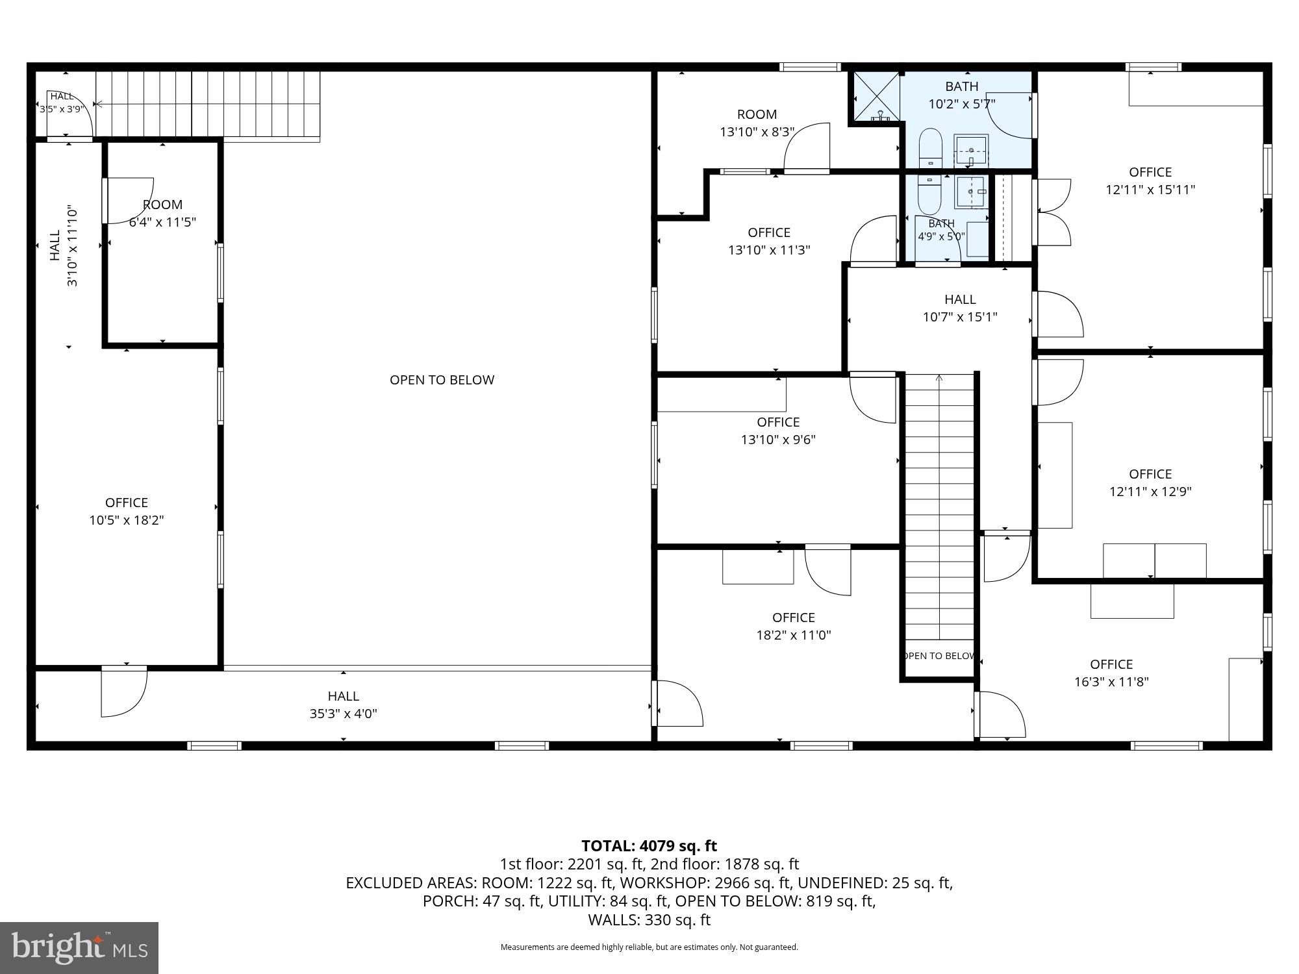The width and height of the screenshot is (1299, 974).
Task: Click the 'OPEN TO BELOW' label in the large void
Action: (x=442, y=380)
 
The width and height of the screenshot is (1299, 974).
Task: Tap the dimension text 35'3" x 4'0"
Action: (x=344, y=714)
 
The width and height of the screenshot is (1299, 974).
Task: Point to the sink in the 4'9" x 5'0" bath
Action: (x=972, y=192)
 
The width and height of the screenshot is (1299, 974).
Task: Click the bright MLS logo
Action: (x=79, y=948)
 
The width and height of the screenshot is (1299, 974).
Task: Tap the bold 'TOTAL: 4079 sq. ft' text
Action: (x=649, y=845)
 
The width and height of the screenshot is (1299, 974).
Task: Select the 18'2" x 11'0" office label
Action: (x=794, y=626)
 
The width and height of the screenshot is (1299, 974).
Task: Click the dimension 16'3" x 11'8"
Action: (x=1111, y=682)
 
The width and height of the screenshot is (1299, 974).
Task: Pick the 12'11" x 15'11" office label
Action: (x=1150, y=181)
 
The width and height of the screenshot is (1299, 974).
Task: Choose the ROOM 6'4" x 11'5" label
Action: (x=162, y=213)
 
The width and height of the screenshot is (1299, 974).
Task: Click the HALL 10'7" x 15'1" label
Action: (x=960, y=308)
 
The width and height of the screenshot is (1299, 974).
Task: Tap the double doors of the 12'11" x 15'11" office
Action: (x=1053, y=212)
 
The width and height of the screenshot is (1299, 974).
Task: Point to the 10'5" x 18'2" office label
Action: (x=127, y=511)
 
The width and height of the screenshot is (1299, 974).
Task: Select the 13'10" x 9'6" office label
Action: (x=778, y=431)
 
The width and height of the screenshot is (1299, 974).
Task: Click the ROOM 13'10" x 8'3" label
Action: (x=757, y=123)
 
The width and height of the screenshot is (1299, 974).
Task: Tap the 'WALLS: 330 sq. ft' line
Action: (x=649, y=919)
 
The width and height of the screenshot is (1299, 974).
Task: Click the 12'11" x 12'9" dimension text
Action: (x=1150, y=492)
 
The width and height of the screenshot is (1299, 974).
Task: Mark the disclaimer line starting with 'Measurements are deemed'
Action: (x=649, y=947)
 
